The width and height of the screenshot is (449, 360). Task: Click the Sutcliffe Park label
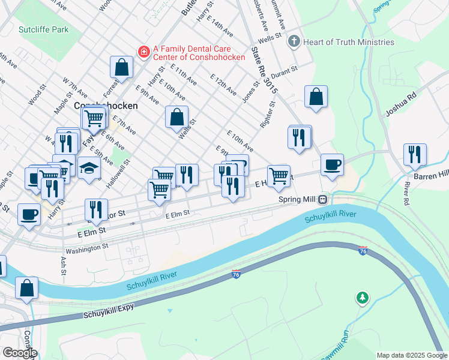43,29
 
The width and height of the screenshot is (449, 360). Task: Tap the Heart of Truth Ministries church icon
294,41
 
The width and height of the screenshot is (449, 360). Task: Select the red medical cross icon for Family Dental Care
143,52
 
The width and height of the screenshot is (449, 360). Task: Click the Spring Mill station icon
323,199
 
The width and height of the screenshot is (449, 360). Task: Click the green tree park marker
362,297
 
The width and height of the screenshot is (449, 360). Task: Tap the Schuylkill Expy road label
108,314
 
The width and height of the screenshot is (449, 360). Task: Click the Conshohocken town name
106,105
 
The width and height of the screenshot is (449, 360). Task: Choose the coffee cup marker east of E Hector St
332,165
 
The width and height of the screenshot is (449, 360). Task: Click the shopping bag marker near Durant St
316,97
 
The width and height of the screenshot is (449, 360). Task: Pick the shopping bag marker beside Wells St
177,118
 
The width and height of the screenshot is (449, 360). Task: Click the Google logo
20,353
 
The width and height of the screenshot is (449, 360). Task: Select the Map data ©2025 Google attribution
412,355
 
